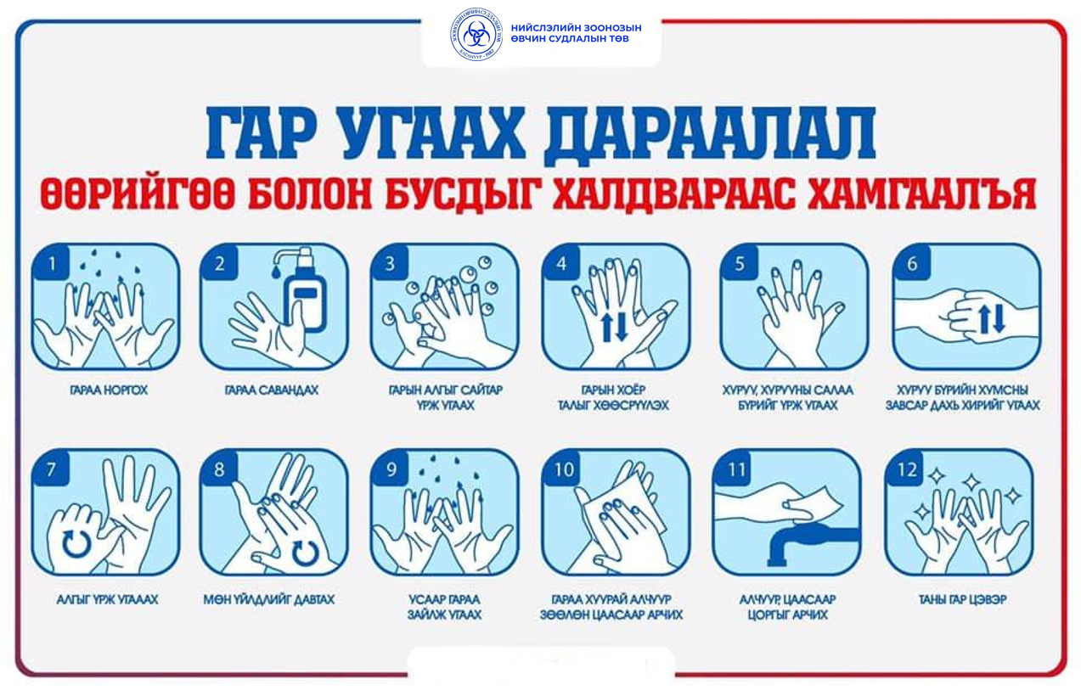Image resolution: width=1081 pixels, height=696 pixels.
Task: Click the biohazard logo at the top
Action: tap(476, 34)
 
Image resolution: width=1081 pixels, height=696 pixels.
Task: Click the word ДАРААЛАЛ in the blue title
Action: tap(709, 134)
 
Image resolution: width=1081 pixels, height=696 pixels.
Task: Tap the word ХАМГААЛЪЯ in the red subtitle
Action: tap(922, 194)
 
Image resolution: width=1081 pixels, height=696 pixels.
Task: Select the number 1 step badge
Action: tap(51, 263)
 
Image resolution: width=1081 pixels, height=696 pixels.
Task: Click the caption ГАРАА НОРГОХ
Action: tap(109, 390)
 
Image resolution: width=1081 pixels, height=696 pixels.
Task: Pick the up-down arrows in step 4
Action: tap(614, 327)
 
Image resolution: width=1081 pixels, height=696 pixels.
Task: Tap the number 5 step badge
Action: tap(740, 263)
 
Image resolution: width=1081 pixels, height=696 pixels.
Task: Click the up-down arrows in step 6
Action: tap(991, 319)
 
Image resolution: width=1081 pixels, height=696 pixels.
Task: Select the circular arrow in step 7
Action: tap(76, 544)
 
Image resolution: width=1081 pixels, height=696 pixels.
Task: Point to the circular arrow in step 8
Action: tap(305, 553)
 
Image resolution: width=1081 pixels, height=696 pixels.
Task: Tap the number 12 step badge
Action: tap(906, 469)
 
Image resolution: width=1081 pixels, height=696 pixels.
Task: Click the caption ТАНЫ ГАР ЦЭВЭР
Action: tap(962, 599)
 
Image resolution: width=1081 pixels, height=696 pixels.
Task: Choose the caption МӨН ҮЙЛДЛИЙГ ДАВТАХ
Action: tap(269, 599)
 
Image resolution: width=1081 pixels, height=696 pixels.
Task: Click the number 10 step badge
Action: tap(563, 469)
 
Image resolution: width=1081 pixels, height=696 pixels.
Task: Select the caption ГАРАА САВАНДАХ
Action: tap(272, 390)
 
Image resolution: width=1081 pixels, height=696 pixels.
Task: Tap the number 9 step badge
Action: tap(391, 469)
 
